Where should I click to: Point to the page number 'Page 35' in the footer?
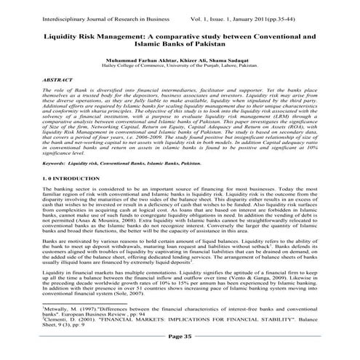coord(180,336)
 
